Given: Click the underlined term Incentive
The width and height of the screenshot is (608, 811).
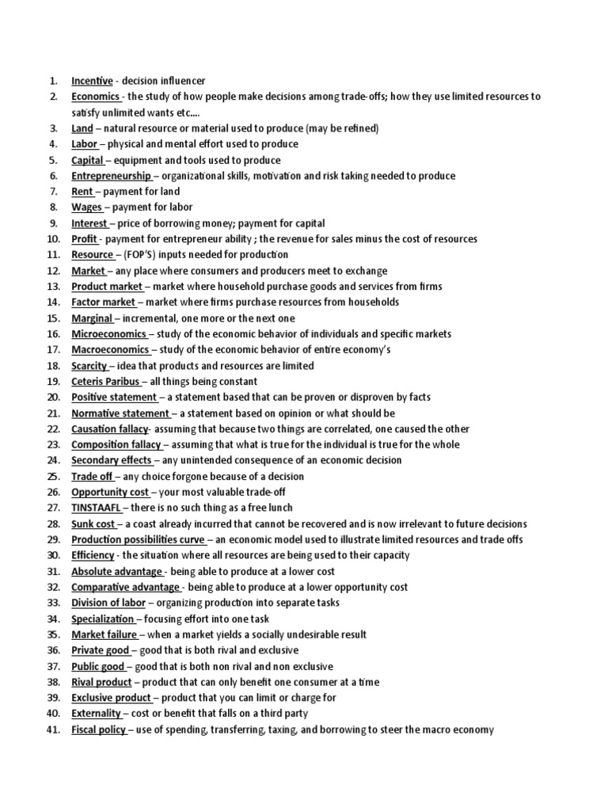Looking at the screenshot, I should point(92,81).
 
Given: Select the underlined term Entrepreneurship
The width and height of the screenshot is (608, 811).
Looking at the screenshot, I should point(111,176).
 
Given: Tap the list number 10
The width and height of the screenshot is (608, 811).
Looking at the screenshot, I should point(54,239).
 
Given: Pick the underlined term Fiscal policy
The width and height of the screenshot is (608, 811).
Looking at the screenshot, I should point(98,729).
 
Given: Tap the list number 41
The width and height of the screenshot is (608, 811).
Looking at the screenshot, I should point(54,729).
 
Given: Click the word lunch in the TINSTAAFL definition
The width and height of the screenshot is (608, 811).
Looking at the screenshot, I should point(276,508).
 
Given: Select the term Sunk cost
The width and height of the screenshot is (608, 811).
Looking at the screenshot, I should point(93,524).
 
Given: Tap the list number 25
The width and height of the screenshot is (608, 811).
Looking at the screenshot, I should point(54,476).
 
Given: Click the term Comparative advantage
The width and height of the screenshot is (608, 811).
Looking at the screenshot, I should point(125,587).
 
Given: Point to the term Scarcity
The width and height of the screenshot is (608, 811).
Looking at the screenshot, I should point(89,366).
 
